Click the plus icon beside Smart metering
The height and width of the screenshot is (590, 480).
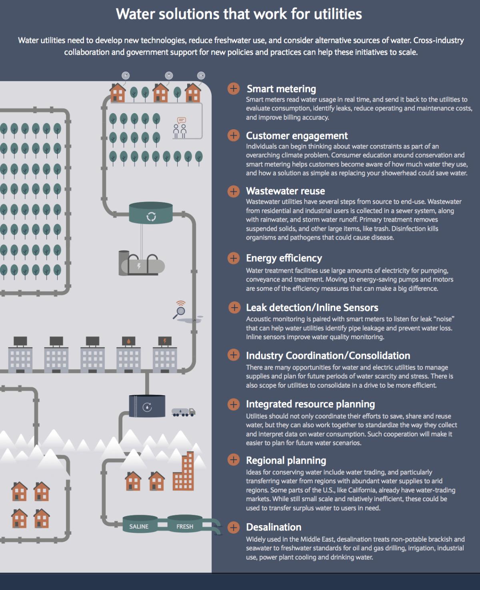(234, 89)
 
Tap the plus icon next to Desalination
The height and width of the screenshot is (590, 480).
(234, 527)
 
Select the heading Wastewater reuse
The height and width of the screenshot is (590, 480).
(285, 191)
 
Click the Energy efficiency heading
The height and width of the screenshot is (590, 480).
(284, 258)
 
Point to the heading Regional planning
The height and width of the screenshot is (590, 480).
(286, 460)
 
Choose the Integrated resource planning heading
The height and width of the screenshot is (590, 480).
(310, 404)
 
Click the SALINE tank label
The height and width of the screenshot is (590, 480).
(139, 526)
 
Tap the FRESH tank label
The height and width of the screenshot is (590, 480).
(185, 526)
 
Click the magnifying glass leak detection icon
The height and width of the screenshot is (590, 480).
(180, 310)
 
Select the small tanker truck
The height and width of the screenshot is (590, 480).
(183, 412)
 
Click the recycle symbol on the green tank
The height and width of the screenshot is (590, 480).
(151, 217)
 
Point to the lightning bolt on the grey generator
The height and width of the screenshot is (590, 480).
(139, 266)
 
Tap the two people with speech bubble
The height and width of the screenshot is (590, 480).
(180, 128)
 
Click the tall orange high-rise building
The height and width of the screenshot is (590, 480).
(183, 471)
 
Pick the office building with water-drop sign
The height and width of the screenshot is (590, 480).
(128, 354)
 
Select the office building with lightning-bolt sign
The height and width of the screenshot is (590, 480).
(165, 354)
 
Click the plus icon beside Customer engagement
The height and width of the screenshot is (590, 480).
(234, 136)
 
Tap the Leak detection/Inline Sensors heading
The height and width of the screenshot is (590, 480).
(312, 308)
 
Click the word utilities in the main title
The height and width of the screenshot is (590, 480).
(338, 14)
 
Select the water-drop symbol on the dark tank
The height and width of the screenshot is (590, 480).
(147, 407)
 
